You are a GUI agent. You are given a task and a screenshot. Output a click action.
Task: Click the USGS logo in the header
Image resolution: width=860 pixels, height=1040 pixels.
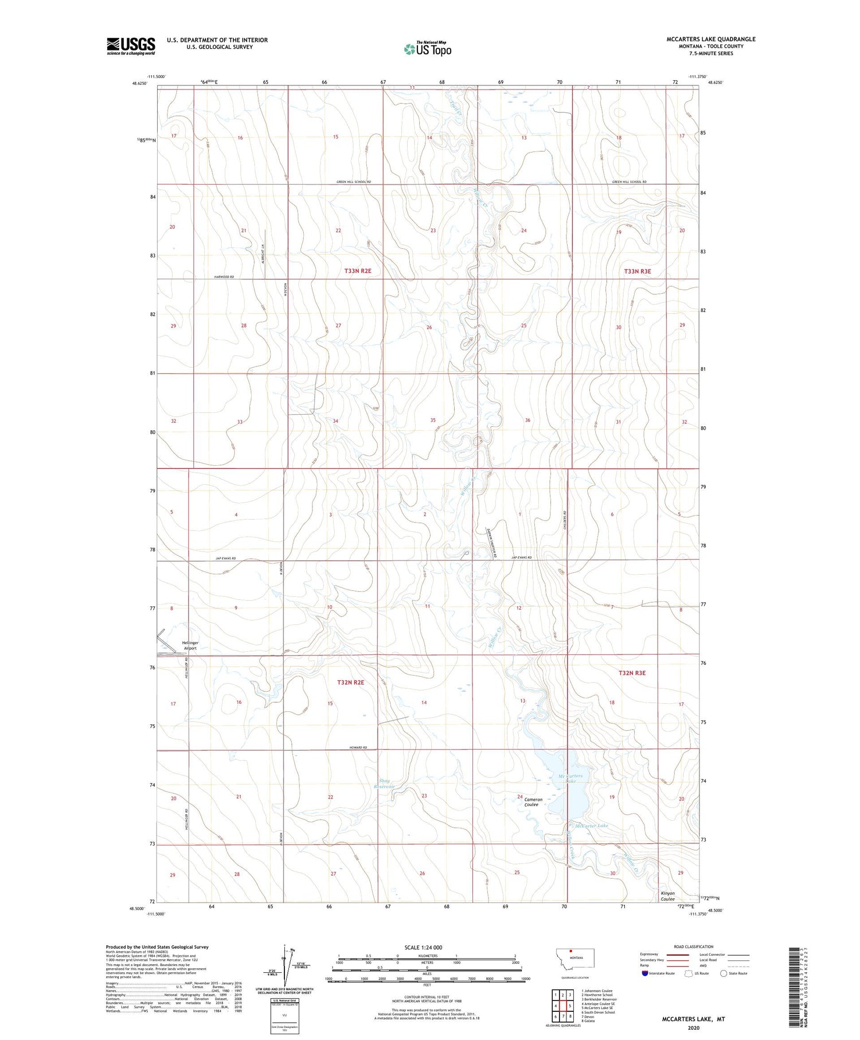(131, 46)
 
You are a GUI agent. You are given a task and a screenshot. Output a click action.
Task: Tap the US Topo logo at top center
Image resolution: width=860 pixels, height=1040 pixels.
(427, 49)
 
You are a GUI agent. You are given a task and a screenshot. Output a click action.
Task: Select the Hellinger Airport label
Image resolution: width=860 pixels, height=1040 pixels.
(190, 645)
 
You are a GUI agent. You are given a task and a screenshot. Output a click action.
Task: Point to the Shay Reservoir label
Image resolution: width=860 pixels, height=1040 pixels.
(384, 784)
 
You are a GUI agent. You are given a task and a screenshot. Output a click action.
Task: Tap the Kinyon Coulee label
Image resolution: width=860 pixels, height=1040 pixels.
(667, 896)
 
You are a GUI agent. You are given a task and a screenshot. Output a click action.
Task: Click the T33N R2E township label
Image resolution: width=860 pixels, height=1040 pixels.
(358, 271)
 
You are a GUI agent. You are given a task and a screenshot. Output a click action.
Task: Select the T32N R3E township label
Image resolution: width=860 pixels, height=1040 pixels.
(632, 672)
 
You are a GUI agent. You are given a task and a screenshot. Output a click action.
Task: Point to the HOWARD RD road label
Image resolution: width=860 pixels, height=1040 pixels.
(358, 747)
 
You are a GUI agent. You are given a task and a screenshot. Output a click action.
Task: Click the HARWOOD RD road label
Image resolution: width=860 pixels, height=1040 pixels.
(225, 276)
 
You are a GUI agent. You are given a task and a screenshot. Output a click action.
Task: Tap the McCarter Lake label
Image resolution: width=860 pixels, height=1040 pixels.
(591, 825)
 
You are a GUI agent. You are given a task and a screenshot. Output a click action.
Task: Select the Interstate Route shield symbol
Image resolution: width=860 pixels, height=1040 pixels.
(645, 973)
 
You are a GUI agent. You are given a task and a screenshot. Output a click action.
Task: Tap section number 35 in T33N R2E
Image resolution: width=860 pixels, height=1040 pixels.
(433, 420)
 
